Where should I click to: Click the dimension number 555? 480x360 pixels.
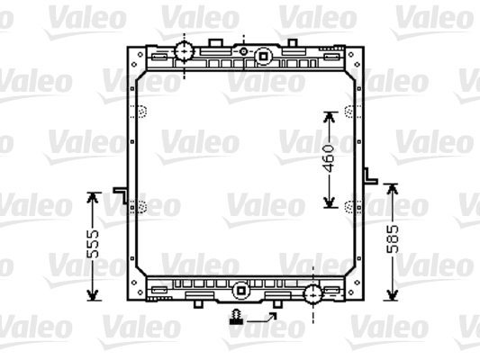(x=93, y=244)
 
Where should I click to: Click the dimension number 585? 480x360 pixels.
(x=393, y=239)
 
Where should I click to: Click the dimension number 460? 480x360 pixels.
(x=329, y=158)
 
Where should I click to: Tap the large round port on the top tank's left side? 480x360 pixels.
(x=185, y=51)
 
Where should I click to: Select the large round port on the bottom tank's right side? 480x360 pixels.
(x=312, y=294)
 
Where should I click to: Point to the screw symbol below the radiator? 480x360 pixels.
(x=236, y=317)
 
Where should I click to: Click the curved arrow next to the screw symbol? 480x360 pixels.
(x=262, y=318)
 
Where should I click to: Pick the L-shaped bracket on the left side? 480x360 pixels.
(x=121, y=194)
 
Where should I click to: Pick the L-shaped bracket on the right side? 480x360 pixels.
(x=370, y=176)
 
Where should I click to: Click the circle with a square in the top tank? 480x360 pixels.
(x=263, y=57)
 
